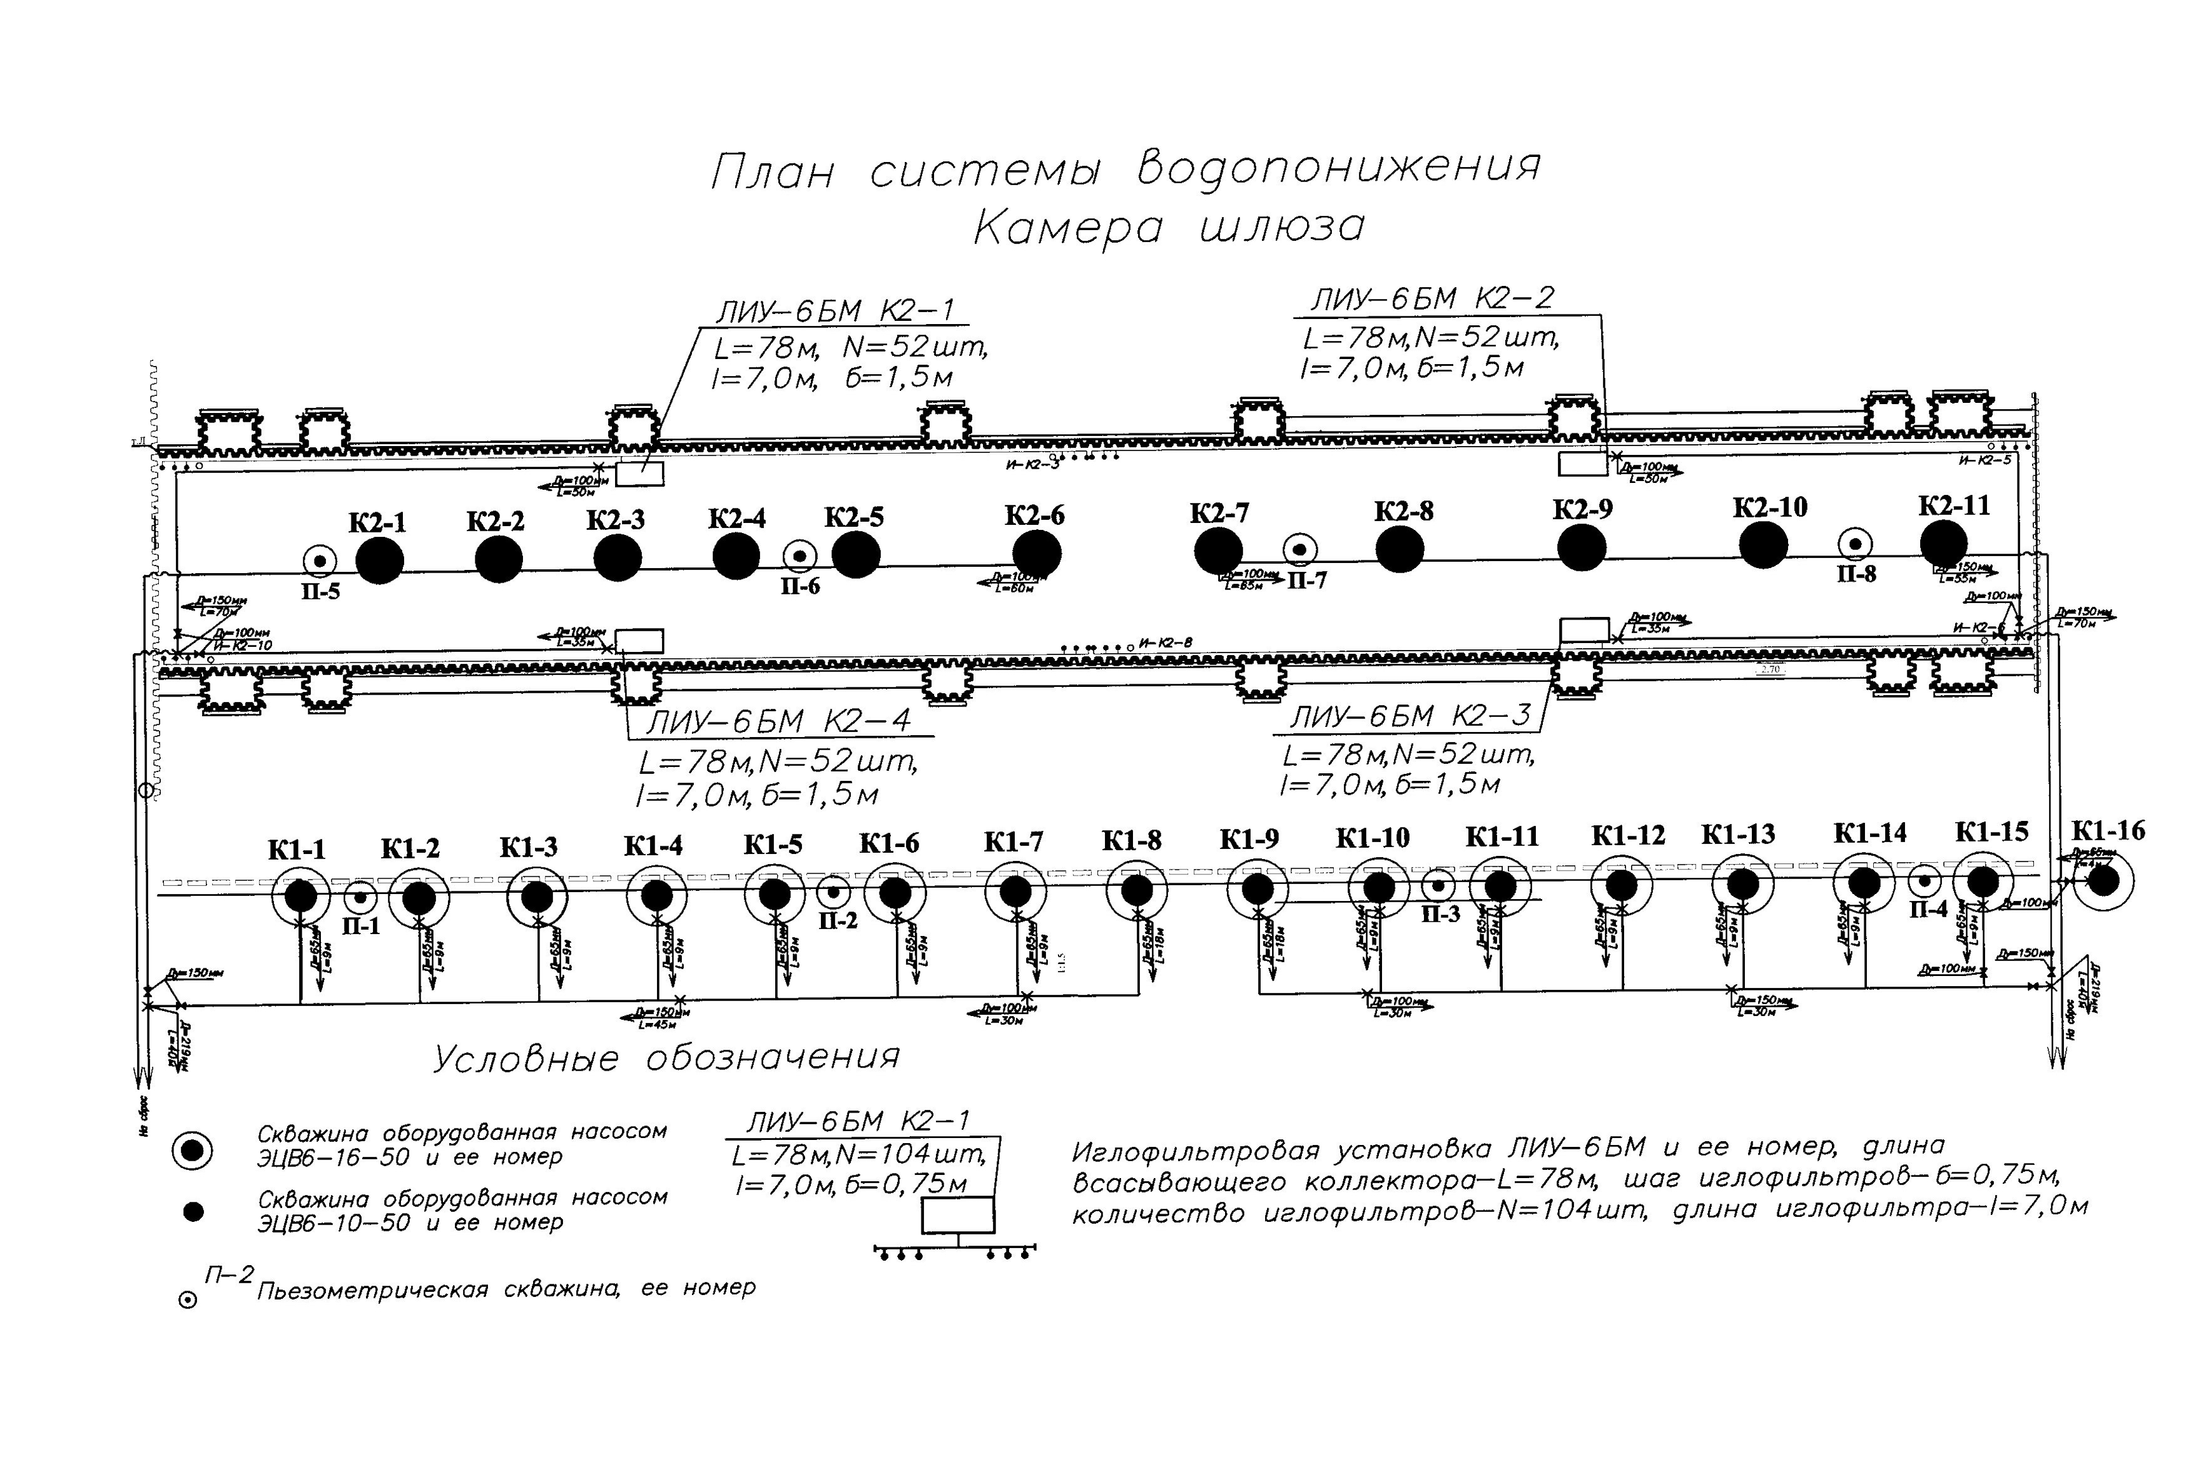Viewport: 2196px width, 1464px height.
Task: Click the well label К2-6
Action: pyautogui.click(x=1034, y=515)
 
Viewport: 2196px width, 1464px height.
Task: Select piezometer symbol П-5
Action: pyautogui.click(x=321, y=561)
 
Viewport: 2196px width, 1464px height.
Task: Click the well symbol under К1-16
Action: pyautogui.click(x=2103, y=881)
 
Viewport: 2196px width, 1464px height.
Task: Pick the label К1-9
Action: pyautogui.click(x=1249, y=839)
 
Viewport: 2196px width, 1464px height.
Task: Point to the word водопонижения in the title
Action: pyautogui.click(x=1338, y=168)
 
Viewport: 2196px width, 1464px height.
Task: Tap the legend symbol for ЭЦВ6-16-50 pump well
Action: pyautogui.click(x=193, y=1150)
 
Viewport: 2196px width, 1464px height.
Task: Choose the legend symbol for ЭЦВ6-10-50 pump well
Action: pyautogui.click(x=193, y=1212)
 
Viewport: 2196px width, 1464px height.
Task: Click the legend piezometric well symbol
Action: pyautogui.click(x=187, y=1299)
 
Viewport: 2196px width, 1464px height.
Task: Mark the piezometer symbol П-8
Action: pyautogui.click(x=1855, y=543)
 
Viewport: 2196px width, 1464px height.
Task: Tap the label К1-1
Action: pyautogui.click(x=296, y=850)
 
